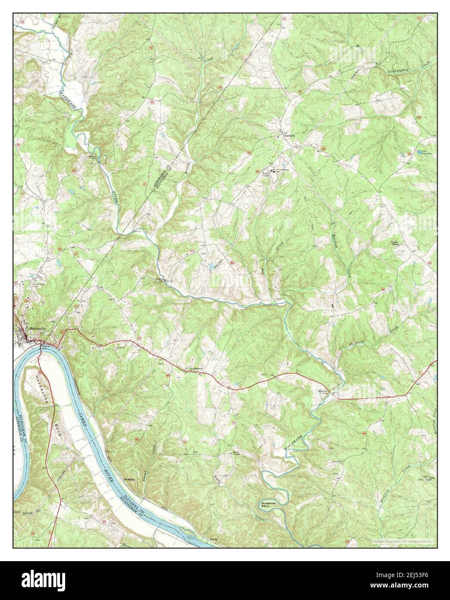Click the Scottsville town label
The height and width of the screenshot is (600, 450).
[x=38, y=327]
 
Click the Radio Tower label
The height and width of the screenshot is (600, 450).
[x=266, y=175]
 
